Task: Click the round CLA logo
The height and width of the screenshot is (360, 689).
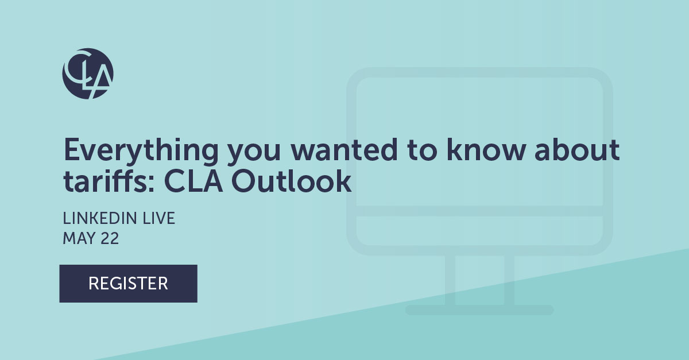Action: (x=88, y=73)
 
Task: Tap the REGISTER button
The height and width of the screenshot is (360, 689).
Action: (x=128, y=283)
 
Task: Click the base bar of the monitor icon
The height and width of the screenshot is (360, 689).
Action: (x=479, y=310)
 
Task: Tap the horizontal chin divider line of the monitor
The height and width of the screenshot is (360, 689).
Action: (x=479, y=211)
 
